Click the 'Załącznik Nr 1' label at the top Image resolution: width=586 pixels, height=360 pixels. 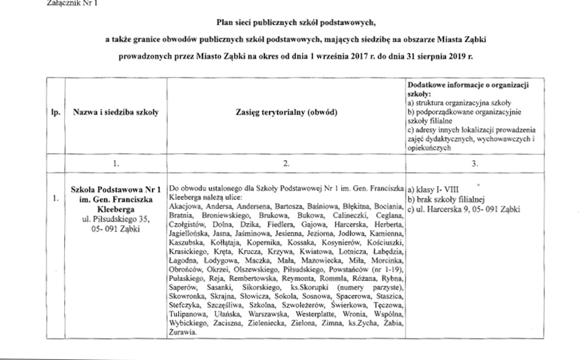point(25,3)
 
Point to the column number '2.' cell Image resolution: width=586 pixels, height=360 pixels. point(287,162)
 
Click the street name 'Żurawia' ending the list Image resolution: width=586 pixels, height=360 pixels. point(183,332)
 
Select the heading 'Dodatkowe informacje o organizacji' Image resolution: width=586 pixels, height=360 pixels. point(467,84)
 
